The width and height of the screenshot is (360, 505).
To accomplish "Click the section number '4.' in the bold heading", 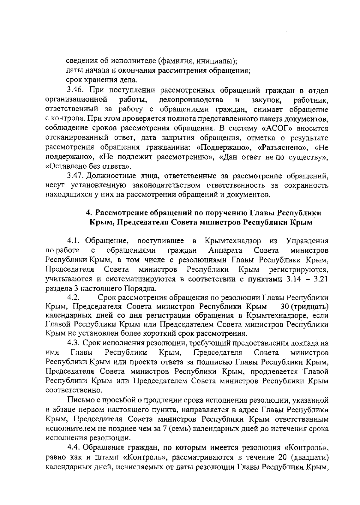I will coord(88,213).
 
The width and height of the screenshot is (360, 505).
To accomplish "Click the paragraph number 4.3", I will coord(74,343).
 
